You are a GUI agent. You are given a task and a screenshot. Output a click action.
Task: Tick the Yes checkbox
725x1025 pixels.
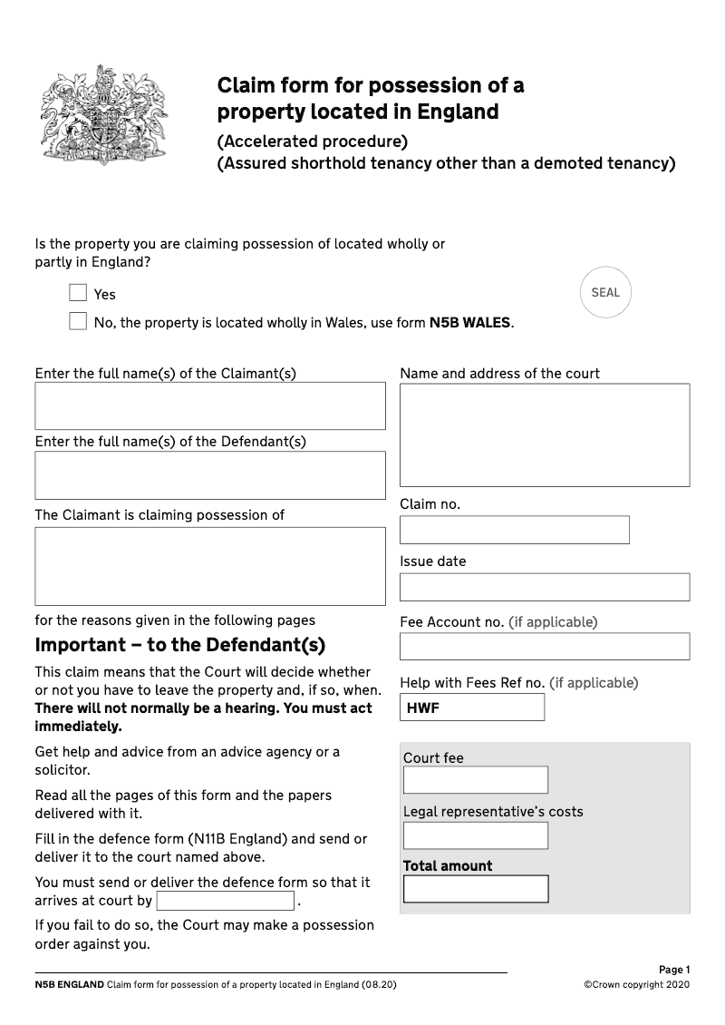pos(78,293)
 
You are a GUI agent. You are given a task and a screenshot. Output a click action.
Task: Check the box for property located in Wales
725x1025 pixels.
pos(78,322)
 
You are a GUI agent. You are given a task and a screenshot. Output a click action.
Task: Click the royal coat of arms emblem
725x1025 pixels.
pos(92,115)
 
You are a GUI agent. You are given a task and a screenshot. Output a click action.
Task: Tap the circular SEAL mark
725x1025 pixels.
pos(605,292)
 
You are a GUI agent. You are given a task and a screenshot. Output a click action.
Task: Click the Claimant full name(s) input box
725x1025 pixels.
pos(210,405)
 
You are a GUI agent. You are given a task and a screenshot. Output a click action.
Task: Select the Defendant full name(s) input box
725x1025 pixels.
pos(210,475)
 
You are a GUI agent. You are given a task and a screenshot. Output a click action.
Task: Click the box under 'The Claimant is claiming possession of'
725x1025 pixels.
pos(210,566)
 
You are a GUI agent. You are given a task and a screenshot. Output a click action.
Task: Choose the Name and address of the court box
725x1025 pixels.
pos(545,435)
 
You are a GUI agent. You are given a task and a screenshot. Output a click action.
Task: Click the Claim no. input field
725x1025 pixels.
pos(514,530)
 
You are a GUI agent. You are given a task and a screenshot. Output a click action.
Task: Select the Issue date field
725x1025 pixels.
pos(545,587)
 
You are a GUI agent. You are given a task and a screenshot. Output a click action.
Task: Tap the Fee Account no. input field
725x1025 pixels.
pos(545,646)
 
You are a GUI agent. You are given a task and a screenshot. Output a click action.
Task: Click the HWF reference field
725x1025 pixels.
pos(472,708)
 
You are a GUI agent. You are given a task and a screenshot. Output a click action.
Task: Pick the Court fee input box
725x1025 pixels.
pos(476,780)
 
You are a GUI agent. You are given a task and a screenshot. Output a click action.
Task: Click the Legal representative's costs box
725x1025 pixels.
pos(476,835)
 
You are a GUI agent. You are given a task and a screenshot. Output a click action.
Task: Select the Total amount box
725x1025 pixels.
pos(476,889)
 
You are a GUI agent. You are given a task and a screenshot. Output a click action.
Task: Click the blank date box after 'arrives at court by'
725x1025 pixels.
pos(226,901)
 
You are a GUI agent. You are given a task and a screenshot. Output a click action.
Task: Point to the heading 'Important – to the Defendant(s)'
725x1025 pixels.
pos(179,646)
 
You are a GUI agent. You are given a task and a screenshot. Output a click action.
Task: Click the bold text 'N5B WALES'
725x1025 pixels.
pos(469,323)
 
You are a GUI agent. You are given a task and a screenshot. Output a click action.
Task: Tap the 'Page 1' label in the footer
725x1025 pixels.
pos(674,970)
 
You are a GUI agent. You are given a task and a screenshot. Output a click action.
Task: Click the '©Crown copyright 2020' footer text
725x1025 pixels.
pos(637,985)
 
